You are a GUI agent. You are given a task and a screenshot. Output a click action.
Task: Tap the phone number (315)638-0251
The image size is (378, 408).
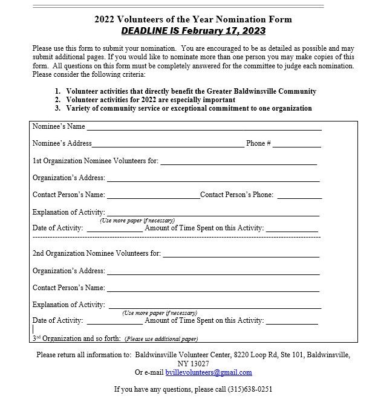(250, 389)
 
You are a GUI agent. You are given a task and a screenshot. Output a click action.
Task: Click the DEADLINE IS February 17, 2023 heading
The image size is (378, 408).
(193, 31)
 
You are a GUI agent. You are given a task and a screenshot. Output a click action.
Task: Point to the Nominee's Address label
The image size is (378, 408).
(62, 143)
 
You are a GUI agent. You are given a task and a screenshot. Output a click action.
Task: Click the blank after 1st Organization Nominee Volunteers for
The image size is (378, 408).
(238, 162)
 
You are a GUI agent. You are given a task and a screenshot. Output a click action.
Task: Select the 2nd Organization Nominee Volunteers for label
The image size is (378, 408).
(97, 253)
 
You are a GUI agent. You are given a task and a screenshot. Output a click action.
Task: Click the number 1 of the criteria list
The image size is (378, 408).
(57, 91)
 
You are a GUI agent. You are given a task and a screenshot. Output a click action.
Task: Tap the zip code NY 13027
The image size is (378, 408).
(193, 363)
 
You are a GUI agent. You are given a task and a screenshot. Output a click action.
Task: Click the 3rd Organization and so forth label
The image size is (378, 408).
(77, 338)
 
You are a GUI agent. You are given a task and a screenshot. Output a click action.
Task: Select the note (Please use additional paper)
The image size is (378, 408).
(161, 339)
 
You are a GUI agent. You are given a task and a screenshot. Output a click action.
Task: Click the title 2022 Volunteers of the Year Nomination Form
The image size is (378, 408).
(193, 19)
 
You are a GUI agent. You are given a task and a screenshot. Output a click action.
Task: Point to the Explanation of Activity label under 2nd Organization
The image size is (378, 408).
(69, 305)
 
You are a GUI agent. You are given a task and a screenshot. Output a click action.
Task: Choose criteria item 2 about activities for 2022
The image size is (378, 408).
(151, 100)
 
